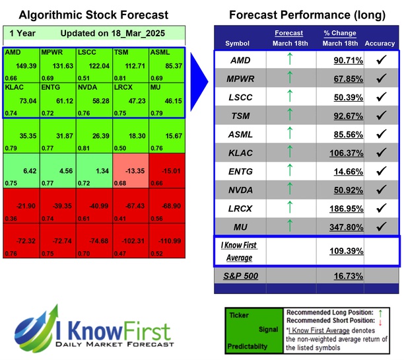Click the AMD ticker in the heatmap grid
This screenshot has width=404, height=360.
pyautogui.click(x=13, y=52)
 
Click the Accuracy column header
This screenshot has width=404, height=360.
pyautogui.click(x=380, y=44)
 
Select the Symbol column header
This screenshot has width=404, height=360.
pyautogui.click(x=238, y=44)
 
